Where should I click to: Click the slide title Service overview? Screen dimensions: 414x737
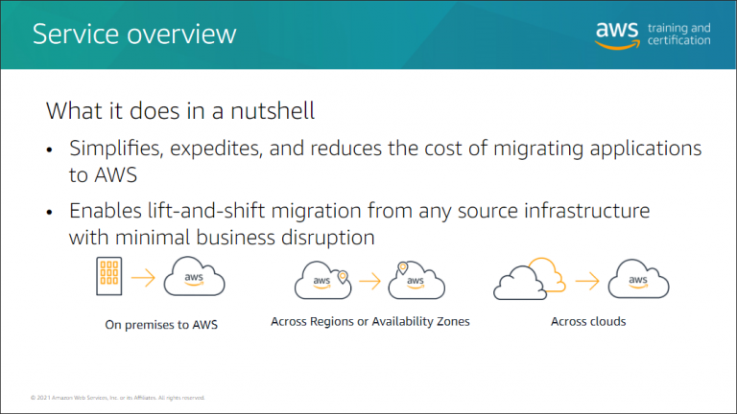pos(134,34)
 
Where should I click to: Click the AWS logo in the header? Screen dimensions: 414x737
pos(616,34)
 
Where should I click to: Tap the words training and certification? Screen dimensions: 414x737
pos(678,34)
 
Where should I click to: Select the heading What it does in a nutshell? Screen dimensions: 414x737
pos(180,110)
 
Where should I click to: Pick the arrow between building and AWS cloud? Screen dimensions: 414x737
pos(143,279)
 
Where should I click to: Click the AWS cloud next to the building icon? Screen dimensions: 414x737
pos(194,279)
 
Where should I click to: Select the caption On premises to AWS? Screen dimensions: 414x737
pos(161,324)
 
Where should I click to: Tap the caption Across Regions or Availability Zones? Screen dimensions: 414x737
pos(370,321)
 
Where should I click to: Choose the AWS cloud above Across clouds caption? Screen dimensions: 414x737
pos(638,279)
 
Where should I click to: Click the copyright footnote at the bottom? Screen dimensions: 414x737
pos(117,397)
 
